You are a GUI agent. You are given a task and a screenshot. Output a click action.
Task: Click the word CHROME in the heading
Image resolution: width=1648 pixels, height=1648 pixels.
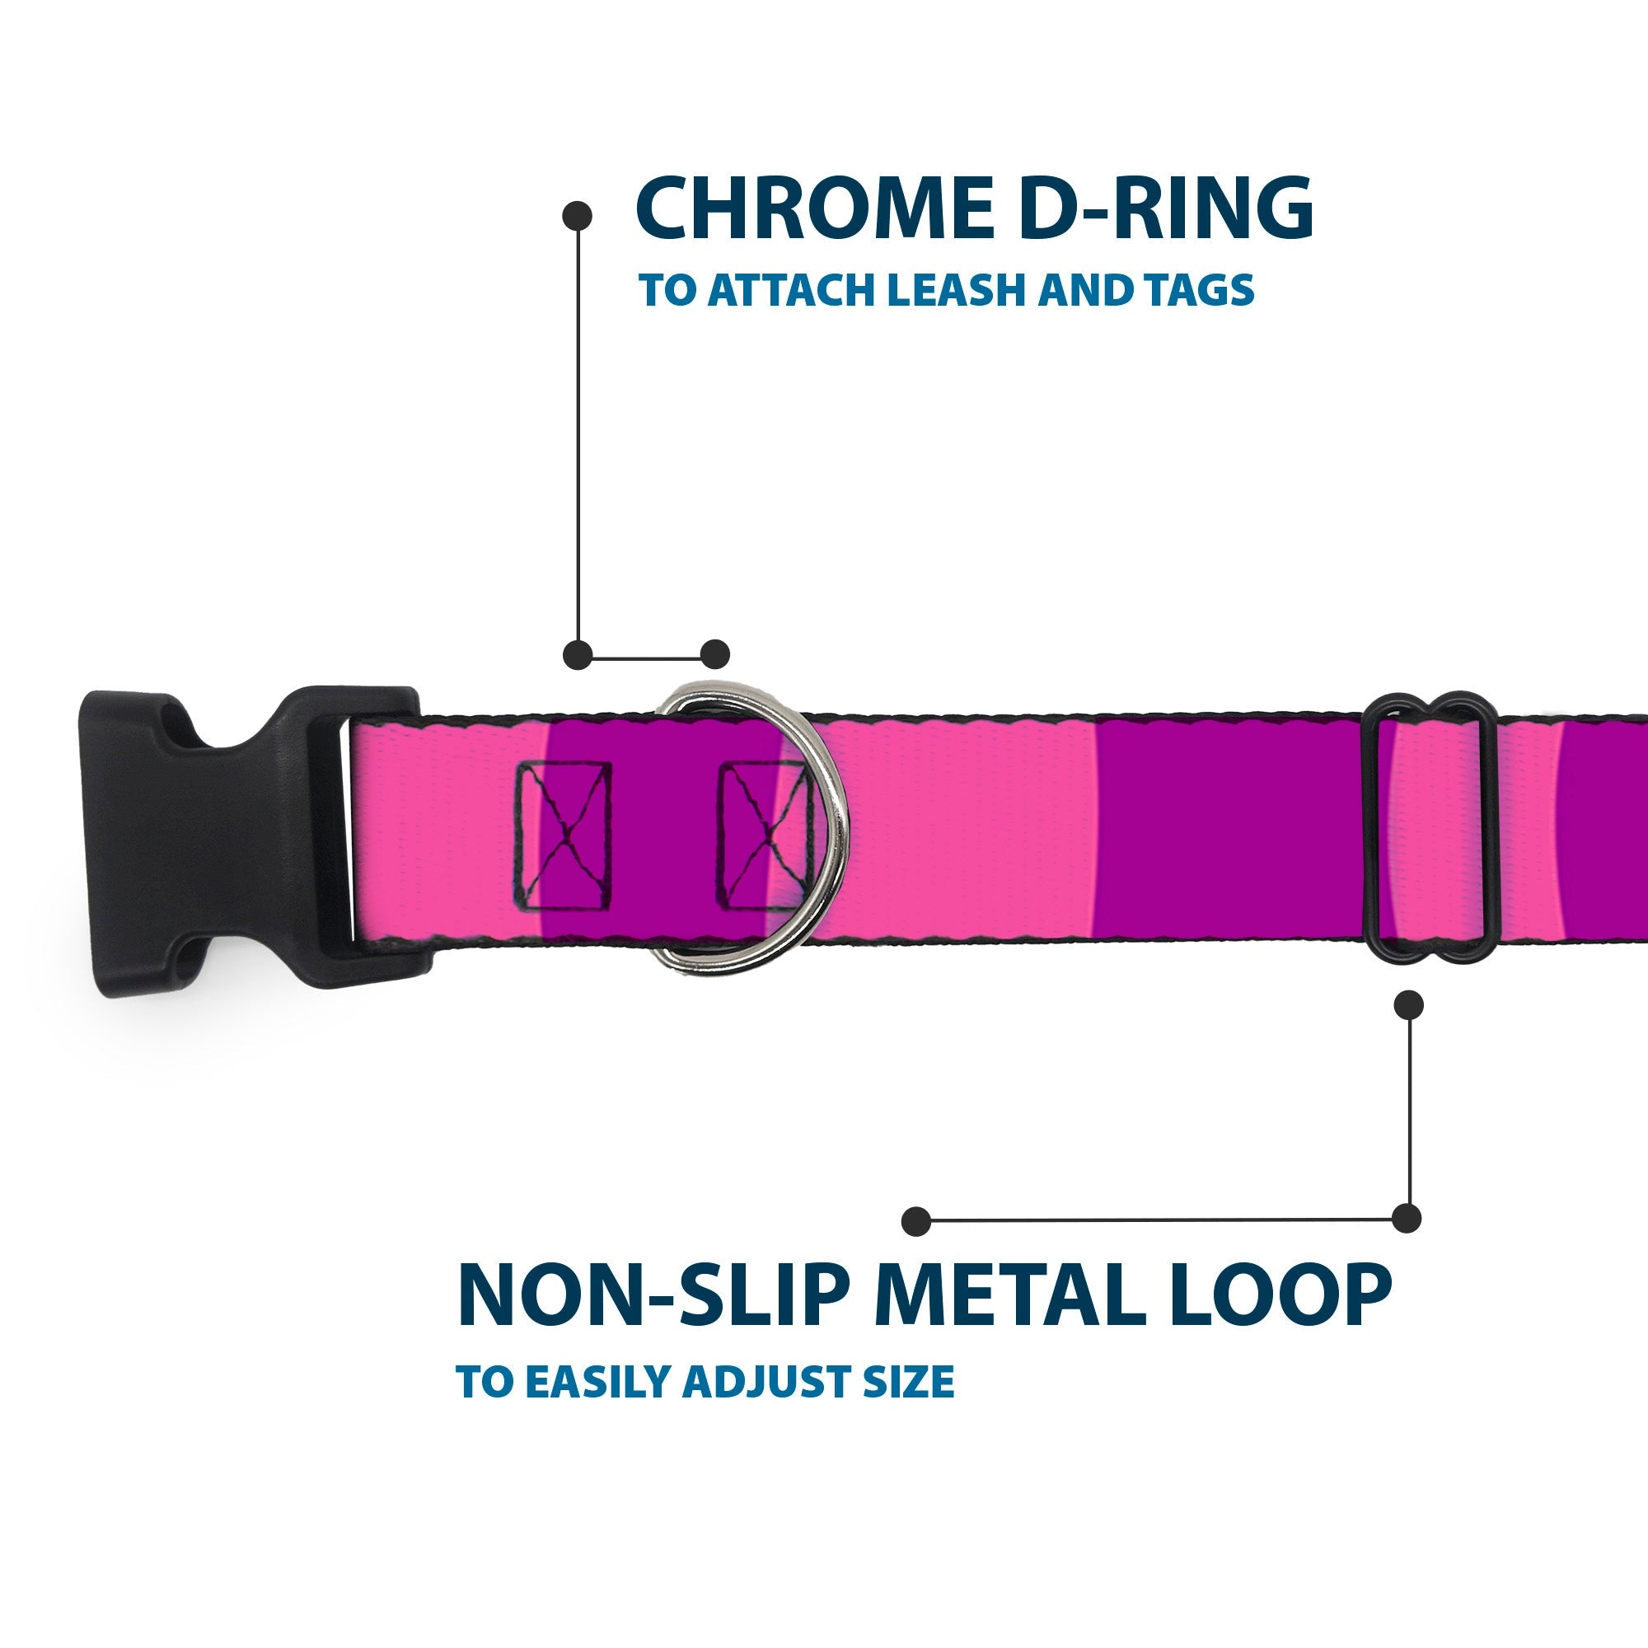click(x=814, y=209)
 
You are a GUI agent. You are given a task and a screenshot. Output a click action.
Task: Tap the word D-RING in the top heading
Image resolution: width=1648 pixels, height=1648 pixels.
click(x=1166, y=209)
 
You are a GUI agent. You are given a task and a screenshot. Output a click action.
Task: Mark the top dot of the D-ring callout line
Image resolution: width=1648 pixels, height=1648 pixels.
click(x=578, y=216)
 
